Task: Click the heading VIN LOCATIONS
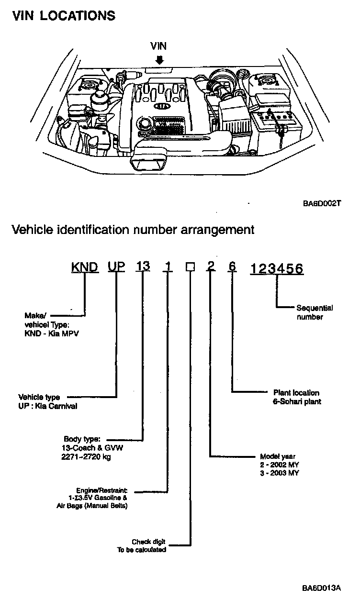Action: (x=64, y=16)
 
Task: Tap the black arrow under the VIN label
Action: (x=159, y=60)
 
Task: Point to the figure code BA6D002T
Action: (x=321, y=203)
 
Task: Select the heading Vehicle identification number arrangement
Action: (x=133, y=230)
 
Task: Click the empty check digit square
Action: (x=190, y=269)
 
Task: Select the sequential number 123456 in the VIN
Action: (x=277, y=269)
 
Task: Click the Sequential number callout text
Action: (x=314, y=312)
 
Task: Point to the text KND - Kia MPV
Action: (x=51, y=333)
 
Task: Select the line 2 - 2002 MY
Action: (x=280, y=465)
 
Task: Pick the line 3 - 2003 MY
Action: (x=280, y=473)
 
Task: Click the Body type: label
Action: (x=82, y=438)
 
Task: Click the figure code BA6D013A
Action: (x=321, y=587)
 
